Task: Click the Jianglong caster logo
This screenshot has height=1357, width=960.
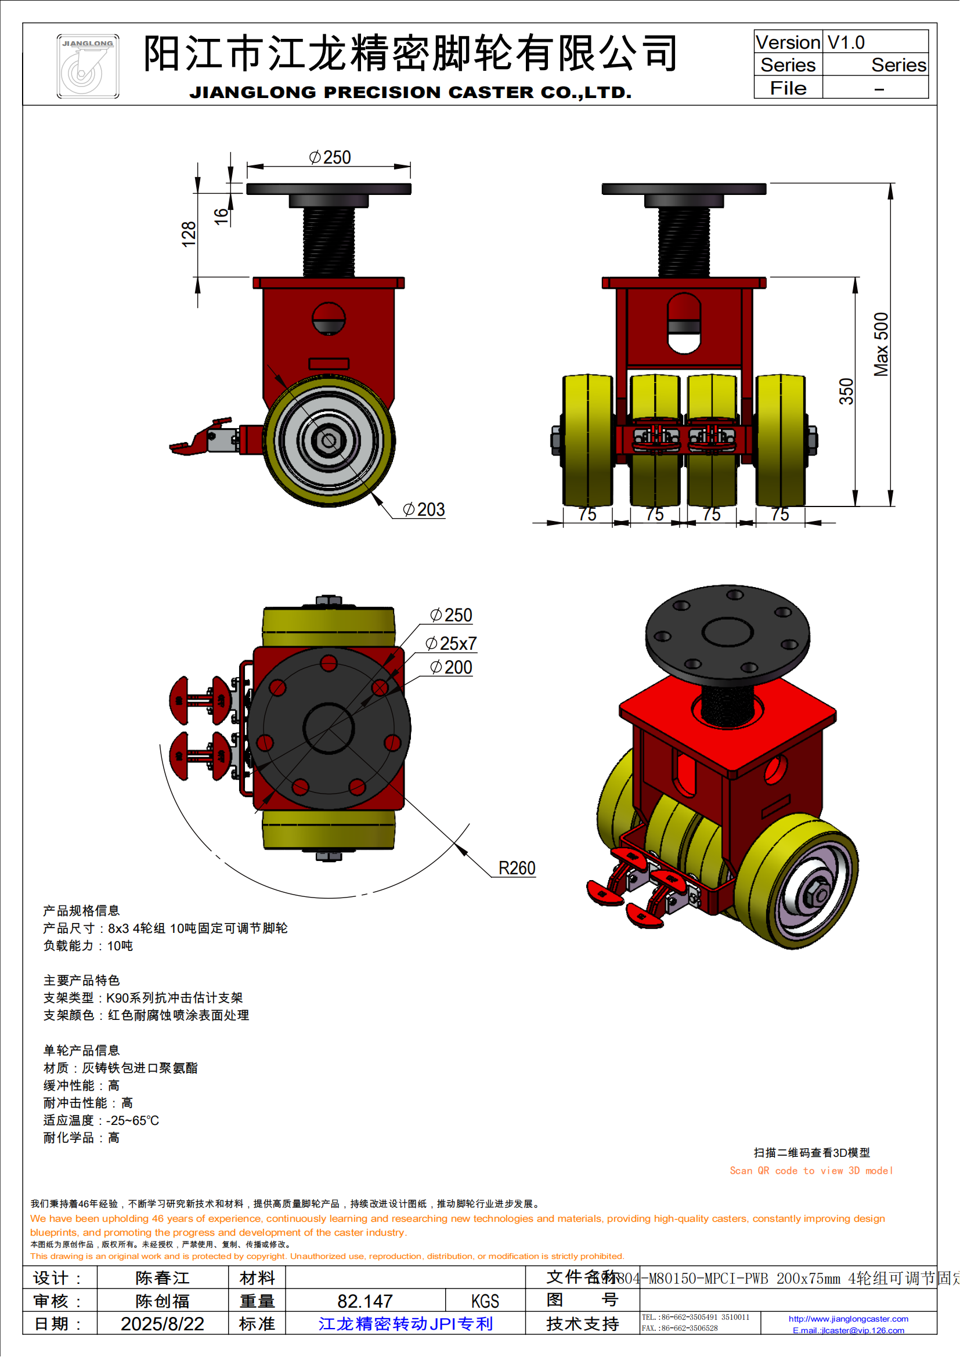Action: tap(88, 66)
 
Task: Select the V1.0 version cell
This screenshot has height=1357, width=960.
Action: tap(875, 42)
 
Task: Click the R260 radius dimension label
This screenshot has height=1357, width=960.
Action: tap(517, 869)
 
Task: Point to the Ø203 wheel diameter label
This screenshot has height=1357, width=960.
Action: tap(424, 509)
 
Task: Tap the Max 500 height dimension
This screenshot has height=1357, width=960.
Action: tap(881, 345)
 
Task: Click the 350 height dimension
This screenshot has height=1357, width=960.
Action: tap(846, 391)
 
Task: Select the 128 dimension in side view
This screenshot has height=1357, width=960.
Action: tap(188, 234)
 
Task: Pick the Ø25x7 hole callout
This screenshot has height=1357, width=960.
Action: tap(451, 643)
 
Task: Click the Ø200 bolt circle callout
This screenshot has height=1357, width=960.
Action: tap(451, 667)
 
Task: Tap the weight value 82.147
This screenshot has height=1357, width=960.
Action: tap(364, 1301)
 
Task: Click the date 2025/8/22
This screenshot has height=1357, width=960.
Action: tap(162, 1323)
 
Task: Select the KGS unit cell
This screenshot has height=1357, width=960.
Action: tap(485, 1301)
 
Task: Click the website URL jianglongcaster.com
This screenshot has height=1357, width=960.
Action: tap(849, 1318)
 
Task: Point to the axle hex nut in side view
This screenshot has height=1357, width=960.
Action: tap(328, 440)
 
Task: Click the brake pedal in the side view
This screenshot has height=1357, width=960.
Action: tap(195, 440)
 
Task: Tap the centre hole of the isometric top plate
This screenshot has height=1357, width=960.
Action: tap(727, 631)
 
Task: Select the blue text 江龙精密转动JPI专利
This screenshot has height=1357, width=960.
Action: tap(406, 1323)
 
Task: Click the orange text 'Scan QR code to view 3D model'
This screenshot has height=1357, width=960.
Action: tap(811, 1170)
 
